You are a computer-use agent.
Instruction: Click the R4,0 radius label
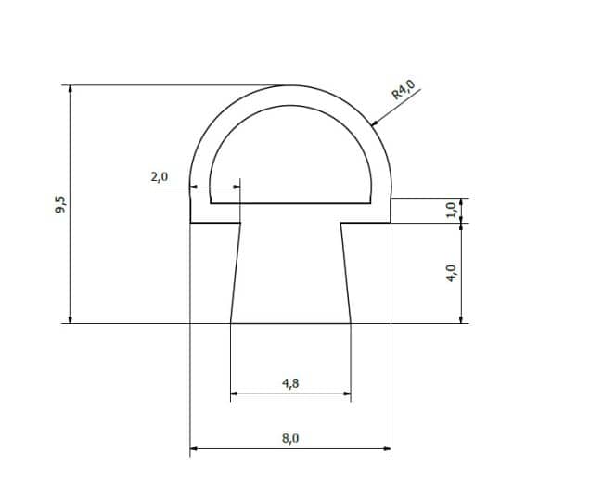404,89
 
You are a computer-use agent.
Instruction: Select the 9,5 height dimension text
60,204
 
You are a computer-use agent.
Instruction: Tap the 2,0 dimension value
160,177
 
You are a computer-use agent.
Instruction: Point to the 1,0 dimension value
451,209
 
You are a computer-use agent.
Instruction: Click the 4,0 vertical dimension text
451,273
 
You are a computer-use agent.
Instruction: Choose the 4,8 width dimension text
290,383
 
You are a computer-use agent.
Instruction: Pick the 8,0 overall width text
290,438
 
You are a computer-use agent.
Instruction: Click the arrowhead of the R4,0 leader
374,123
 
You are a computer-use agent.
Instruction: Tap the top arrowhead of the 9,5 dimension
70,89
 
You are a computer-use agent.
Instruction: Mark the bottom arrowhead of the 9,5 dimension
70,319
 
